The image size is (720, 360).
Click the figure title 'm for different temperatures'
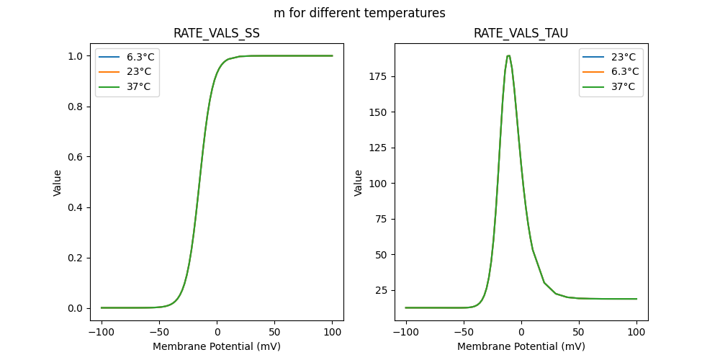pyautogui.click(x=359, y=13)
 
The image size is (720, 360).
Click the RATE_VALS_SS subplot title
pyautogui.click(x=217, y=34)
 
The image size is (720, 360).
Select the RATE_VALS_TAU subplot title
pyautogui.click(x=521, y=34)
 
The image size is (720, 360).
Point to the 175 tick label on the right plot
pyautogui.click(x=377, y=76)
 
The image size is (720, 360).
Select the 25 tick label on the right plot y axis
pyautogui.click(x=379, y=290)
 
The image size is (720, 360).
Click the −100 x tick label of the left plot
pyautogui.click(x=101, y=332)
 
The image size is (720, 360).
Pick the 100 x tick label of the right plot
pyautogui.click(x=636, y=332)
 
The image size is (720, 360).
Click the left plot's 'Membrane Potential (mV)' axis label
pyautogui.click(x=217, y=346)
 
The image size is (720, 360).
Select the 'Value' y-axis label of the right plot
pyautogui.click(x=359, y=183)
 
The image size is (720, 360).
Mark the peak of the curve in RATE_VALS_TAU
pyautogui.click(x=508, y=55)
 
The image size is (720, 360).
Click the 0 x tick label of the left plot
pyautogui.click(x=217, y=332)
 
